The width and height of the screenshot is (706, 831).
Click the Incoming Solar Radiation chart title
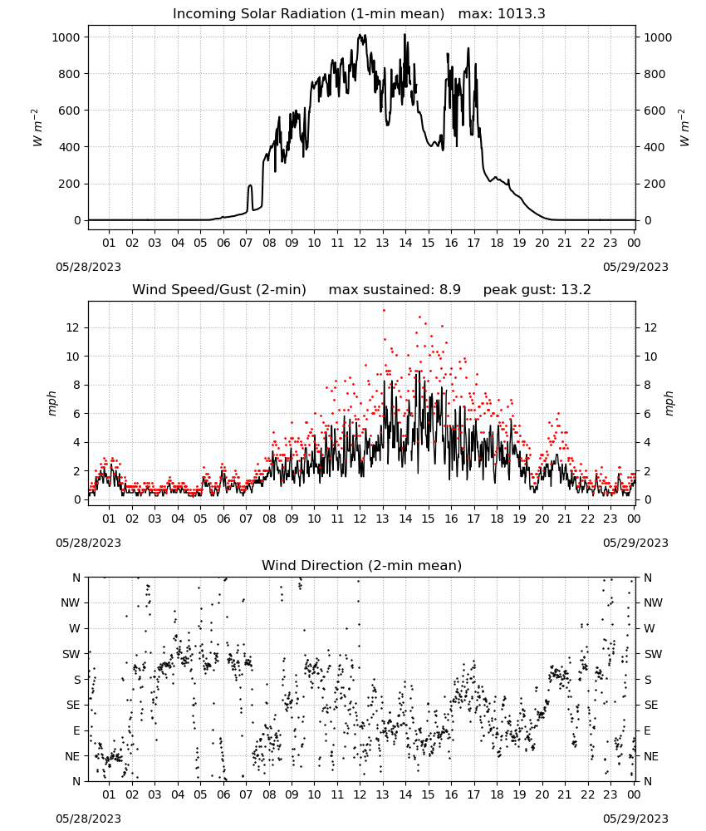[308, 14]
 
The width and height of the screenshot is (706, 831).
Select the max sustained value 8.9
[449, 290]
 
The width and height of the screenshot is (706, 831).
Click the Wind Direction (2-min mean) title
[362, 565]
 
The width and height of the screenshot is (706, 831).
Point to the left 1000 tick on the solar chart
[66, 37]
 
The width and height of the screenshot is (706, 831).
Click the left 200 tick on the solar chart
[70, 184]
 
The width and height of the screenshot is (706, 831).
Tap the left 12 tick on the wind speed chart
[72, 327]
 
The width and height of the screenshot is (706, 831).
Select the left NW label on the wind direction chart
[71, 602]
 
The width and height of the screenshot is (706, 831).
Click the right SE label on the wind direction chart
[651, 705]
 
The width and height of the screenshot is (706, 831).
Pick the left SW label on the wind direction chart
[71, 654]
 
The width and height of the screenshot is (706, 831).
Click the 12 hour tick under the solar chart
[360, 243]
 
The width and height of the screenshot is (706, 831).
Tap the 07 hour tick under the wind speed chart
[246, 519]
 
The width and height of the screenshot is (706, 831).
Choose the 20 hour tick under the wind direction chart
[542, 794]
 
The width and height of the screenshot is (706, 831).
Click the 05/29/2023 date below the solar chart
[635, 267]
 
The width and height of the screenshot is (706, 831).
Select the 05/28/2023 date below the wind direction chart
[88, 819]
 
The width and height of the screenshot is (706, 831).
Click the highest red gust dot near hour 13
[384, 311]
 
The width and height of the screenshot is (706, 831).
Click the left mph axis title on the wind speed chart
[51, 403]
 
